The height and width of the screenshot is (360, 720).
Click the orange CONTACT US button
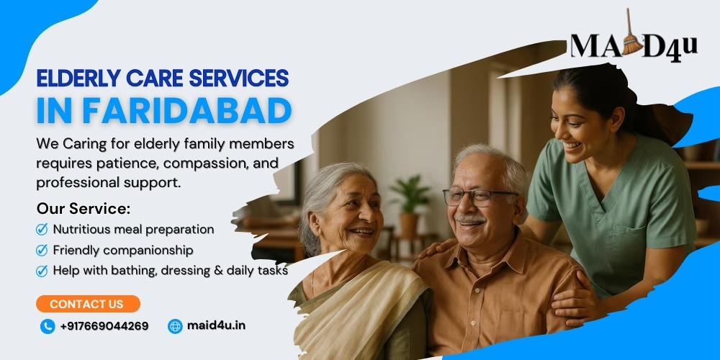(88, 304)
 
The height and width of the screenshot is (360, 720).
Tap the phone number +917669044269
(104, 326)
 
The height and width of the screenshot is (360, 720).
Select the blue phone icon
(48, 326)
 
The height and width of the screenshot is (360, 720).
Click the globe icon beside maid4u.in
(175, 326)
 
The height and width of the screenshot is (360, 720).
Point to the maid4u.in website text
(216, 325)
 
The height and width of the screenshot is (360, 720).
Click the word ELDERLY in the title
(78, 78)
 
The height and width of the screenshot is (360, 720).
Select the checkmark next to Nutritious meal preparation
(42, 229)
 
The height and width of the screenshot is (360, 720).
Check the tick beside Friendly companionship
(42, 250)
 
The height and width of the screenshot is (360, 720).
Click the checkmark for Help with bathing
(42, 271)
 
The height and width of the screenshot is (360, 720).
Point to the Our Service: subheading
(84, 209)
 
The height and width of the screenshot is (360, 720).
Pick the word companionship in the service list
(148, 251)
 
